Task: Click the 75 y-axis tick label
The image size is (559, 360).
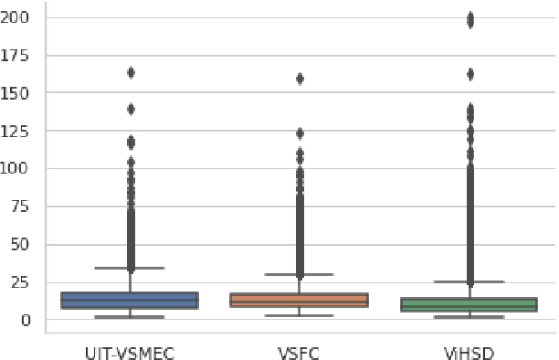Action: pyautogui.click(x=23, y=206)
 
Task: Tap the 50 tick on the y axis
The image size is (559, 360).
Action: pyautogui.click(x=23, y=245)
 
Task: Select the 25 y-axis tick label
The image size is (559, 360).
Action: pyautogui.click(x=23, y=282)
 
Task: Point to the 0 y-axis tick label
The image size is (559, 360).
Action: pyautogui.click(x=27, y=321)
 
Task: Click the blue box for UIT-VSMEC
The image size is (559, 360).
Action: pyautogui.click(x=130, y=301)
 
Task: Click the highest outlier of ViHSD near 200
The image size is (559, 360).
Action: pyautogui.click(x=470, y=18)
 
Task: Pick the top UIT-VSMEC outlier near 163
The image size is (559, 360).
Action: pyautogui.click(x=131, y=72)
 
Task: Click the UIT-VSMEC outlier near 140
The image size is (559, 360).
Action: pyautogui.click(x=131, y=109)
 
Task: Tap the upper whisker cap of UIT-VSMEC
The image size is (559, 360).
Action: pyautogui.click(x=130, y=268)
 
